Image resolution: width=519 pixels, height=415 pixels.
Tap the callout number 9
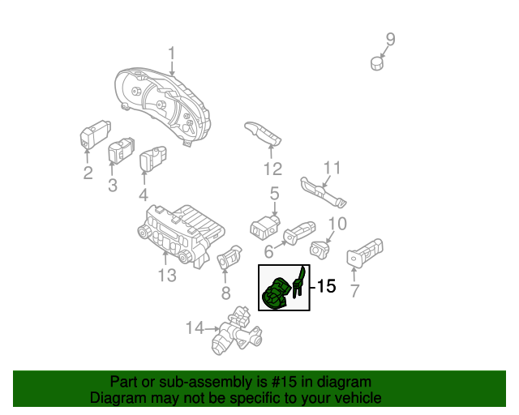[x=390, y=38]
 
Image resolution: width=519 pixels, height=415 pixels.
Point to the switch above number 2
[x=96, y=135]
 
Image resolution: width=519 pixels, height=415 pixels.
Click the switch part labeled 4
[x=152, y=160]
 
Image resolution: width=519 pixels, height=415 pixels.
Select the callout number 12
[x=272, y=169]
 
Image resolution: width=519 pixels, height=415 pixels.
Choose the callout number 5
[x=274, y=193]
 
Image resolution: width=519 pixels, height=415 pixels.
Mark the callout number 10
[x=338, y=223]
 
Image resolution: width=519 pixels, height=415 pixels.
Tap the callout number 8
[x=225, y=292]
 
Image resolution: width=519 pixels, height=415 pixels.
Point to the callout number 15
[x=326, y=287]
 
